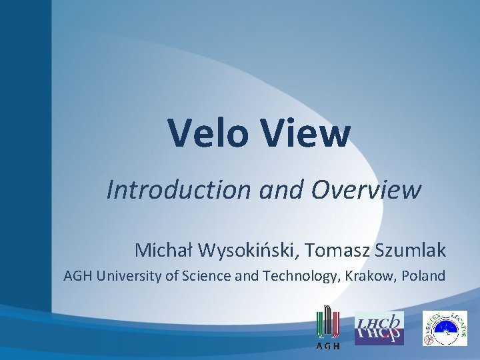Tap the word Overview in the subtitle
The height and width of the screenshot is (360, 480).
click(367, 190)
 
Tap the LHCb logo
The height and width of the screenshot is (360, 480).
click(379, 328)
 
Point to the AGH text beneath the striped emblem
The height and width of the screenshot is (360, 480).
click(328, 346)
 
